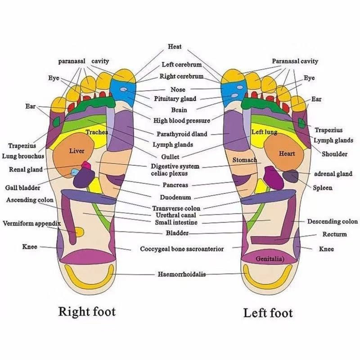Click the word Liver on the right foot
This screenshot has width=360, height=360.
76,151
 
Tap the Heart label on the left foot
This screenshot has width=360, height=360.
287,153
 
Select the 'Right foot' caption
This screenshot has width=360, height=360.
87,311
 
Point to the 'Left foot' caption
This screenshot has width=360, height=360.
268,313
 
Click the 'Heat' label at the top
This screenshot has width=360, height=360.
175,46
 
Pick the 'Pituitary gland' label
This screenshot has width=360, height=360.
175,99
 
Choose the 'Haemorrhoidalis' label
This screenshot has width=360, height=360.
182,274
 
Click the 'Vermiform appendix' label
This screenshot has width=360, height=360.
31,223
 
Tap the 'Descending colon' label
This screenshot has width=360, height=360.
333,221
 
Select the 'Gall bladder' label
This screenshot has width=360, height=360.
22,188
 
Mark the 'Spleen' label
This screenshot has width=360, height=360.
323,188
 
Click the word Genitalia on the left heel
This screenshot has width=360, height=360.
270,259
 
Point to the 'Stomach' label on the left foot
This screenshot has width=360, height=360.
244,160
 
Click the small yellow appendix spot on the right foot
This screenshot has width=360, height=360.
80,232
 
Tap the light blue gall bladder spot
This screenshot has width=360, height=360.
74,172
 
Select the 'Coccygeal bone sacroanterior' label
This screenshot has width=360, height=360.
182,249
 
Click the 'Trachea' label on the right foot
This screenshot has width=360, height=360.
97,132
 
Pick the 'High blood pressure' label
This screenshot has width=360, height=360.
182,121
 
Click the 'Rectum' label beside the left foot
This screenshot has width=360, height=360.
334,234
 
